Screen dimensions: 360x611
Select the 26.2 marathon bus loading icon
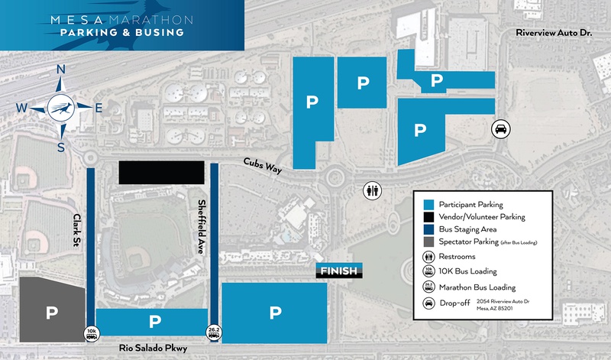(214, 332)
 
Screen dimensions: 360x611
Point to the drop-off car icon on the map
(499, 128)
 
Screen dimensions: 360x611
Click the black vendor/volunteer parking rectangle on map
(161, 172)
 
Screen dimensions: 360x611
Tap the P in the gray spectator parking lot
(52, 312)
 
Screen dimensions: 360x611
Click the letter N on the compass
(60, 71)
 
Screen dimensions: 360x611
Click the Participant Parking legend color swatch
(429, 204)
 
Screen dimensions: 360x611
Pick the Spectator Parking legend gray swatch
(429, 242)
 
